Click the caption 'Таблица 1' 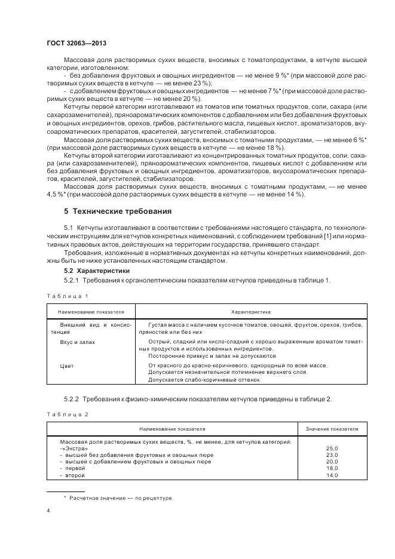tap(67, 296)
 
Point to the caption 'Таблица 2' tap(67, 414)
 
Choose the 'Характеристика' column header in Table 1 tap(251, 312)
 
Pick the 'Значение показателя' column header tap(332, 429)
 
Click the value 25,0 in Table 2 tap(332, 448)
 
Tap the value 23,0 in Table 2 tap(332, 455)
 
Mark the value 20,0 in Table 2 tap(332, 462)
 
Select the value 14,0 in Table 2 tap(332, 475)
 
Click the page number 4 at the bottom tap(48, 511)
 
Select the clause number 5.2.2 tap(71, 398)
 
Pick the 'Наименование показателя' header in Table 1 tap(91, 312)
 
